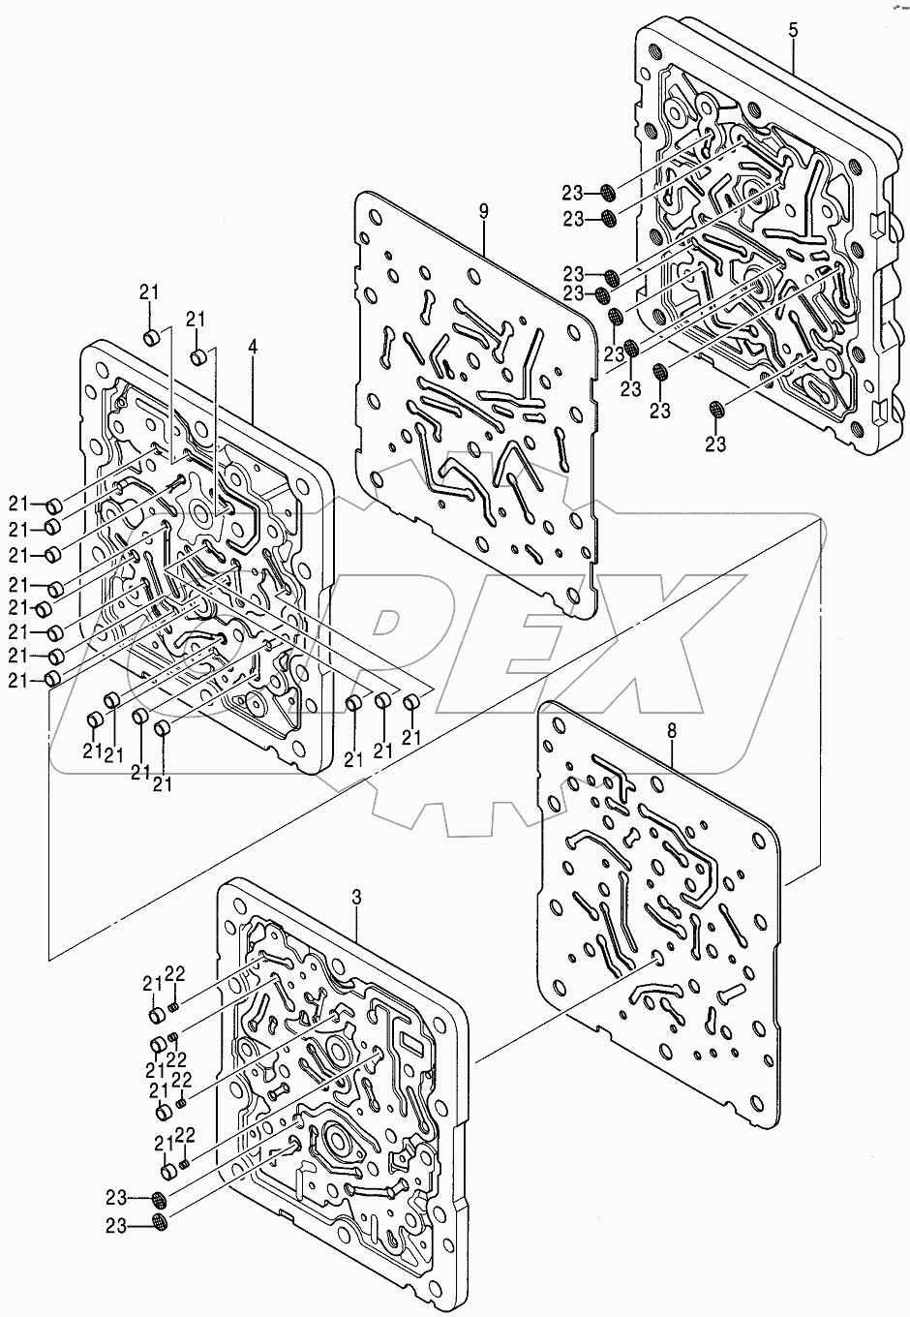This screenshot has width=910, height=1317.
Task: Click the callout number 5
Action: click(x=793, y=29)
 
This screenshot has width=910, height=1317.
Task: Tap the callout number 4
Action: click(x=252, y=345)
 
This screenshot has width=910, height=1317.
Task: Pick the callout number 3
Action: click(x=356, y=899)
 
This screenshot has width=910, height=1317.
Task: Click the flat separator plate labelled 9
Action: click(x=474, y=407)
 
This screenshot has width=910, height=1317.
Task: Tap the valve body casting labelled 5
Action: click(x=765, y=242)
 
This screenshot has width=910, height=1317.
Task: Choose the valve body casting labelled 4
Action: click(x=203, y=552)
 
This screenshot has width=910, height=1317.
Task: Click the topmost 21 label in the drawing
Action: click(x=148, y=292)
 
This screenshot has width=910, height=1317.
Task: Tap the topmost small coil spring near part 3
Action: click(x=174, y=1007)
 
